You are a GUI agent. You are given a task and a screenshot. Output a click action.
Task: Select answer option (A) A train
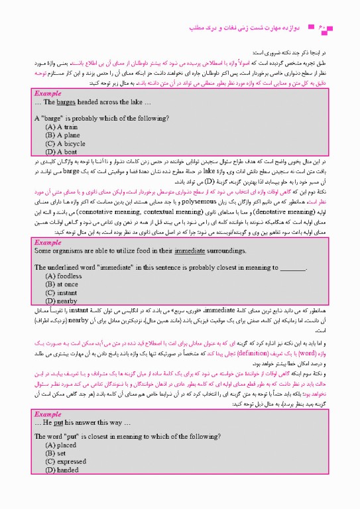click(x=62, y=126)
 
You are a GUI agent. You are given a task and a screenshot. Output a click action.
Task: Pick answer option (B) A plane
click(x=63, y=134)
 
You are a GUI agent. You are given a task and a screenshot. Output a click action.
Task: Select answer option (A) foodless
click(x=64, y=276)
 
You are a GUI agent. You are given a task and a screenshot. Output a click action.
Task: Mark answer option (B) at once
click(x=62, y=284)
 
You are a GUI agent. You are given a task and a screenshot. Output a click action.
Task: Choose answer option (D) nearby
click(x=61, y=300)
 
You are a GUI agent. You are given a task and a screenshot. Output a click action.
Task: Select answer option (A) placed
click(x=62, y=446)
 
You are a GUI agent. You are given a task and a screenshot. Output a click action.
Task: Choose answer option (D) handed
click(x=63, y=470)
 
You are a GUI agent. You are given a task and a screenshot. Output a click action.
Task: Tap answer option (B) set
click(x=56, y=454)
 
